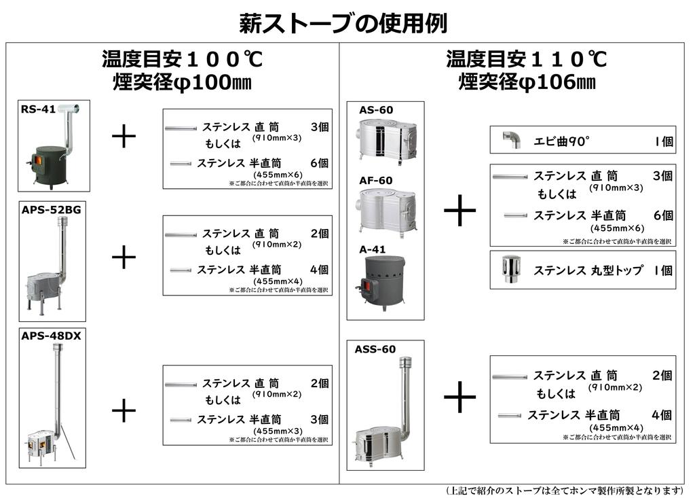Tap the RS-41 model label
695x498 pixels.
pyautogui.click(x=38, y=109)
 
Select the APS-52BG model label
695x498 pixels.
pyautogui.click(x=52, y=210)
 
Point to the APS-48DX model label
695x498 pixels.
pyautogui.click(x=52, y=336)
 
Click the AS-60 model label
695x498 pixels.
pyautogui.click(x=376, y=110)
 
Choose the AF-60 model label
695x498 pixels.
pyautogui.click(x=376, y=181)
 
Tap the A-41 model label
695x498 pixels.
pyautogui.click(x=373, y=250)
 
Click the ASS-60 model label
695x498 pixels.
pyautogui.click(x=375, y=350)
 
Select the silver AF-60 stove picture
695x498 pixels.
pyautogui.click(x=386, y=212)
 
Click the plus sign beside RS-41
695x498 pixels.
pyautogui.click(x=124, y=137)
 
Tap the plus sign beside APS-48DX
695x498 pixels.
pyautogui.click(x=124, y=410)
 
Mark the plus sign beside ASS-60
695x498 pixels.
pyautogui.click(x=459, y=397)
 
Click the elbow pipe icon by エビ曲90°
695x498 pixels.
pyautogui.click(x=511, y=140)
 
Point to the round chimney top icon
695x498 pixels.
pyautogui.click(x=510, y=269)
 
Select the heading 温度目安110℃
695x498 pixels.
pyautogui.click(x=526, y=59)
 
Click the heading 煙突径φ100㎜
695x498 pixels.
pyautogui.click(x=182, y=83)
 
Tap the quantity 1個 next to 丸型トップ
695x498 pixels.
pyautogui.click(x=662, y=270)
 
